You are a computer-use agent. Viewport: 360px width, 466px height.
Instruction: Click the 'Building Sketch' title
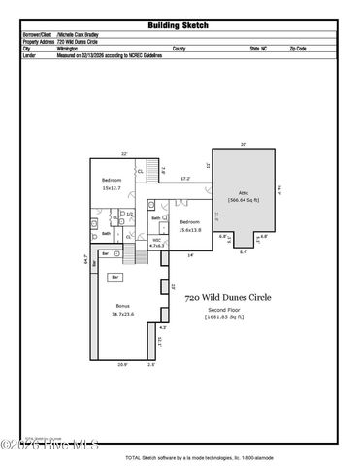tap(180, 26)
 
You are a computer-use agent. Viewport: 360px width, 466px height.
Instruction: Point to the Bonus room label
tap(121, 310)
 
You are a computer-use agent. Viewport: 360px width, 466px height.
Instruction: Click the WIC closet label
tap(156, 243)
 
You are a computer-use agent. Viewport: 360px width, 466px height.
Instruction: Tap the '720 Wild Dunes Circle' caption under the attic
tap(229, 298)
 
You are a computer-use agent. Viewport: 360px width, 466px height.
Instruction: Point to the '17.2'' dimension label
tap(184, 179)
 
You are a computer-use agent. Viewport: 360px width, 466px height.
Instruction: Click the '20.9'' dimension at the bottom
tap(122, 365)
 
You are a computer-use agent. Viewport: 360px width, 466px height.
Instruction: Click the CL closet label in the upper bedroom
tap(141, 172)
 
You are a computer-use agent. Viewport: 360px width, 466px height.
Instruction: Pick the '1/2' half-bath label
tap(129, 215)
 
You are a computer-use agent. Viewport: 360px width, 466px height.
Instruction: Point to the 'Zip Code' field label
tap(298, 48)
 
